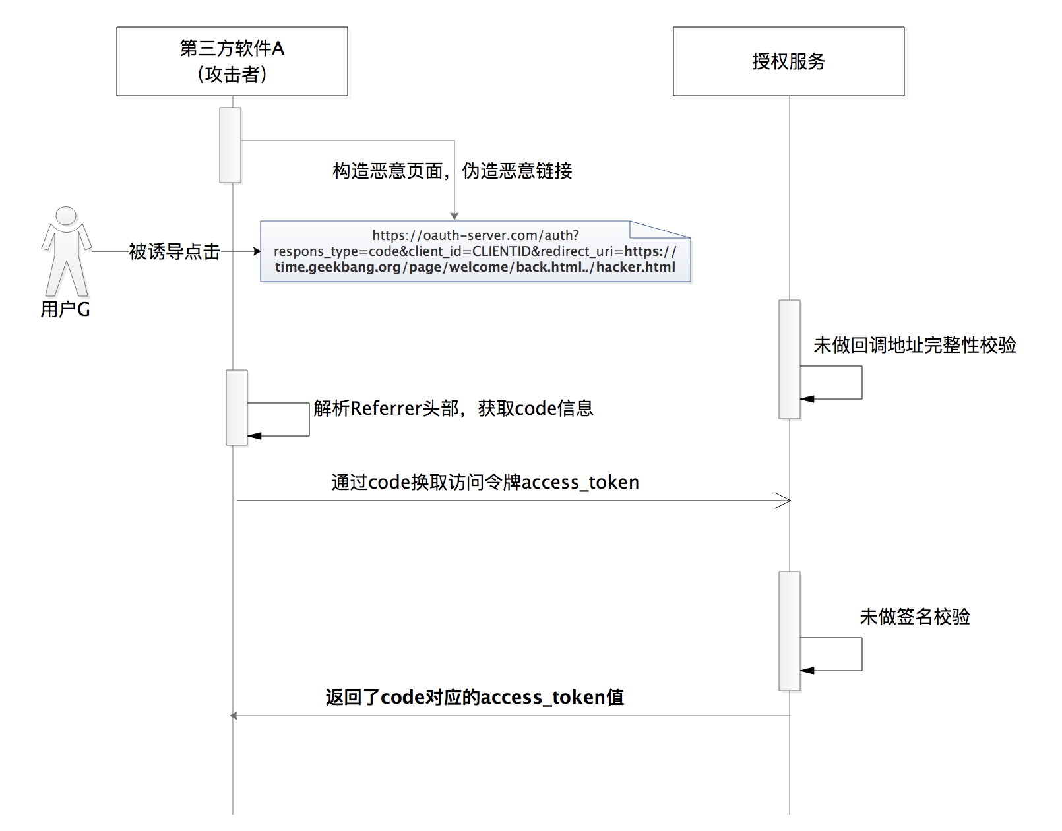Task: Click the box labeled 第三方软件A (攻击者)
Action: click(232, 61)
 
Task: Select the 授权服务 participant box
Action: click(788, 61)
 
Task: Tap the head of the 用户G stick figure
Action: click(66, 216)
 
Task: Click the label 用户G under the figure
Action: click(65, 309)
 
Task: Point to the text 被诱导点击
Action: click(174, 251)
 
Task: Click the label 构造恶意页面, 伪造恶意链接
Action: click(452, 171)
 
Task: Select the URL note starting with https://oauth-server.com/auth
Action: click(475, 251)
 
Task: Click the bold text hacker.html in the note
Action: click(636, 267)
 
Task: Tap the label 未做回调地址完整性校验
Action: click(914, 345)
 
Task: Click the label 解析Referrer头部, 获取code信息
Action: click(453, 408)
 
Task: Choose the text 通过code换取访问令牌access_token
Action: click(485, 482)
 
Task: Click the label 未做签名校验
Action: click(914, 617)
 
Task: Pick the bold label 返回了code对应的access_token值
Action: click(474, 697)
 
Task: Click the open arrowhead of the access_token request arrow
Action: click(784, 501)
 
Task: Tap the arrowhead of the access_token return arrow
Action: click(234, 716)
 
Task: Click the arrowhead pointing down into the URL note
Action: click(454, 216)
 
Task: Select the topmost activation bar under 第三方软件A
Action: click(230, 145)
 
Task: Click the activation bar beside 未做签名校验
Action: click(790, 631)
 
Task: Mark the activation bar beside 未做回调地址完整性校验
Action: click(790, 359)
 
